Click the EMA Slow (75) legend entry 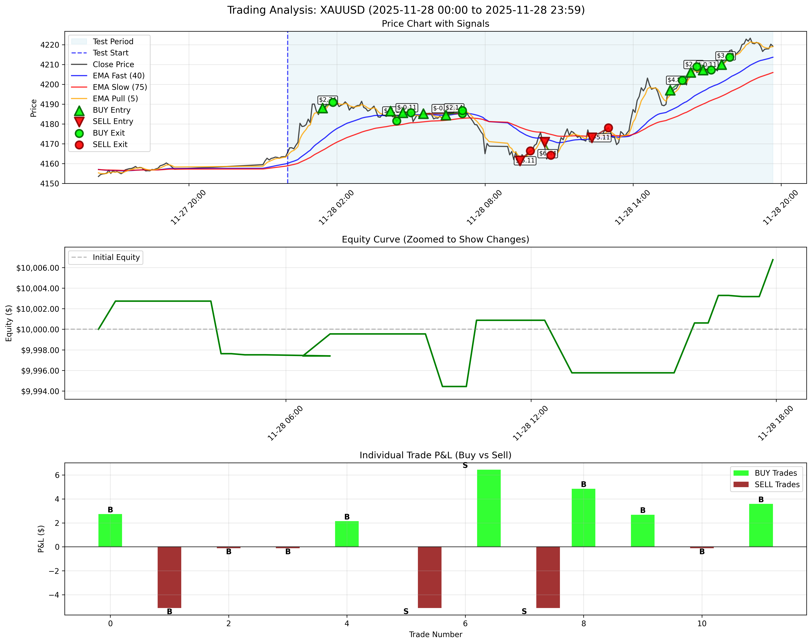pyautogui.click(x=119, y=87)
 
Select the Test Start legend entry pyautogui.click(x=110, y=53)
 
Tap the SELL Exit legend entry pyautogui.click(x=110, y=144)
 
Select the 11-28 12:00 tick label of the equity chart pyautogui.click(x=530, y=423)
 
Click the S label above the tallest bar pyautogui.click(x=465, y=465)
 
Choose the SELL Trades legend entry pyautogui.click(x=777, y=485)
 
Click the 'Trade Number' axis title pyautogui.click(x=435, y=634)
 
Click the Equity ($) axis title pyautogui.click(x=9, y=323)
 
